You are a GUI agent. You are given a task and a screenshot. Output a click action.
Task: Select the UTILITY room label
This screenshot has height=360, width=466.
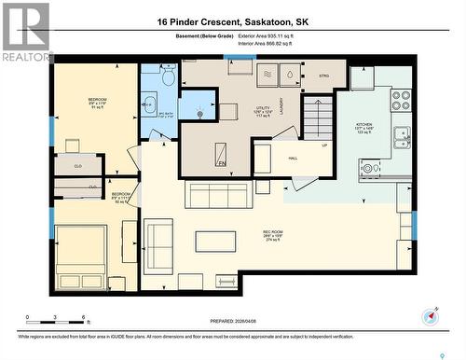coord(263,108)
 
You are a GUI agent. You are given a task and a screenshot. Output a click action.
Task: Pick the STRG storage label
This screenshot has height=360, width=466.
coord(323,75)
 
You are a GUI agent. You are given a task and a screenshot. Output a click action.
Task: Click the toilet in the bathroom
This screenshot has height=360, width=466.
coord(168,78)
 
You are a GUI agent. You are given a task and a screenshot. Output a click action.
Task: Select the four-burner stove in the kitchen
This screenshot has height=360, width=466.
coord(400,99)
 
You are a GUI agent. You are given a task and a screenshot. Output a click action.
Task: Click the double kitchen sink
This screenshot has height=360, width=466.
coord(402,136)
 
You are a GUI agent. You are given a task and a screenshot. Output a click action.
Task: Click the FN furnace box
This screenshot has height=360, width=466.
coord(222,153)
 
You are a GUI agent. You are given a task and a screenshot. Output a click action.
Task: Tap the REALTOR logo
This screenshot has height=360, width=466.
coord(25,33)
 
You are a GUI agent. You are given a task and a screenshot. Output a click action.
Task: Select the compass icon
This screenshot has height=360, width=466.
coord(430,316)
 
